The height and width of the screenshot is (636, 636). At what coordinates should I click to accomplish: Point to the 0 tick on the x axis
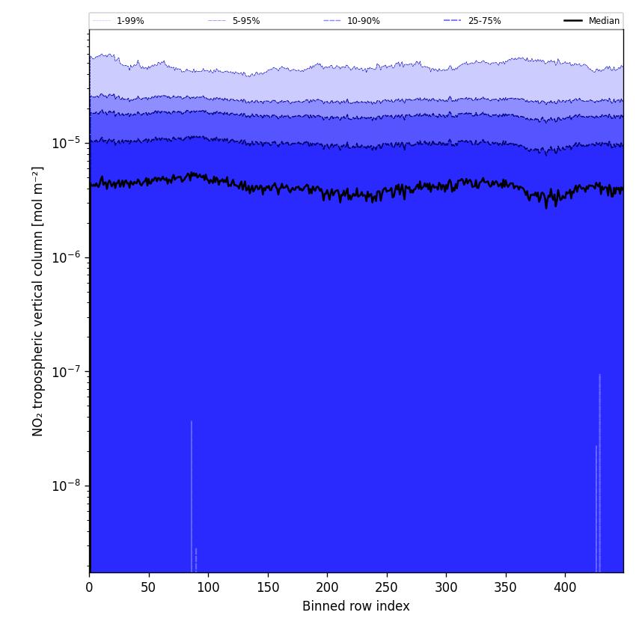(89, 587)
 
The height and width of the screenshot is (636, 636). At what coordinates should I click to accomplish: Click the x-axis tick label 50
(148, 587)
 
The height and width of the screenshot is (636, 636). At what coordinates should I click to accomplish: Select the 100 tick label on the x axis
(208, 587)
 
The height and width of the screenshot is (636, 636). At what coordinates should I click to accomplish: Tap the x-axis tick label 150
(267, 587)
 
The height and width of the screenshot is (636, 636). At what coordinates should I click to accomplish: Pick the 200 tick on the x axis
(327, 587)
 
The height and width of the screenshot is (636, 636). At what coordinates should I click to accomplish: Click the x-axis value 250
(386, 587)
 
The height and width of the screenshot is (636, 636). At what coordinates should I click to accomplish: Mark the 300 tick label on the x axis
(446, 587)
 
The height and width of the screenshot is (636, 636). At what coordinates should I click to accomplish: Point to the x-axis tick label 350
(505, 587)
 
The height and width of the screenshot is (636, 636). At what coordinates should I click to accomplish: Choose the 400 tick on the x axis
(565, 587)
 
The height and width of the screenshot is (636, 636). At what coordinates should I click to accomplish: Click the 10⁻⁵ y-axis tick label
(67, 143)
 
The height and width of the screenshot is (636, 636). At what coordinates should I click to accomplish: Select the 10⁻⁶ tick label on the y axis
(67, 257)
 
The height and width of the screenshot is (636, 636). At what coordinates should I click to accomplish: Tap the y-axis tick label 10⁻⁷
(67, 372)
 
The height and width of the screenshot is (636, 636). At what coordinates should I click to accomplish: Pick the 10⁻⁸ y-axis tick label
(67, 486)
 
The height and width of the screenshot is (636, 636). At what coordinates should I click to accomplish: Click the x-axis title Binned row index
(356, 606)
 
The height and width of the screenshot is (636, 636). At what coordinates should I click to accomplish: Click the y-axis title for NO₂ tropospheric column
(38, 301)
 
